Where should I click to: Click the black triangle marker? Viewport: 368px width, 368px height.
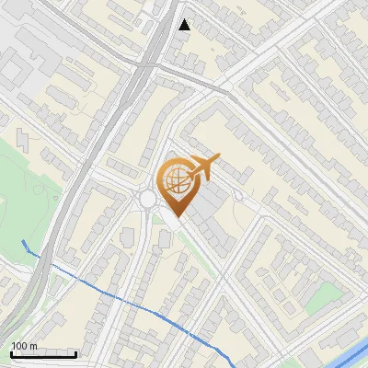[x=184, y=25]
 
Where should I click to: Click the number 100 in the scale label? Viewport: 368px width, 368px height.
[x=19, y=346]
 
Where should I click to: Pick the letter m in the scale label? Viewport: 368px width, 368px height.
[x=34, y=346]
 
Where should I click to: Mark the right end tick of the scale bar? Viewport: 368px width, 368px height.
[x=75, y=351]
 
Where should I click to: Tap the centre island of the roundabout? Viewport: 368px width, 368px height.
[x=148, y=199]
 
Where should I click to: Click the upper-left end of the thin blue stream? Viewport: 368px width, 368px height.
[x=24, y=242]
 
